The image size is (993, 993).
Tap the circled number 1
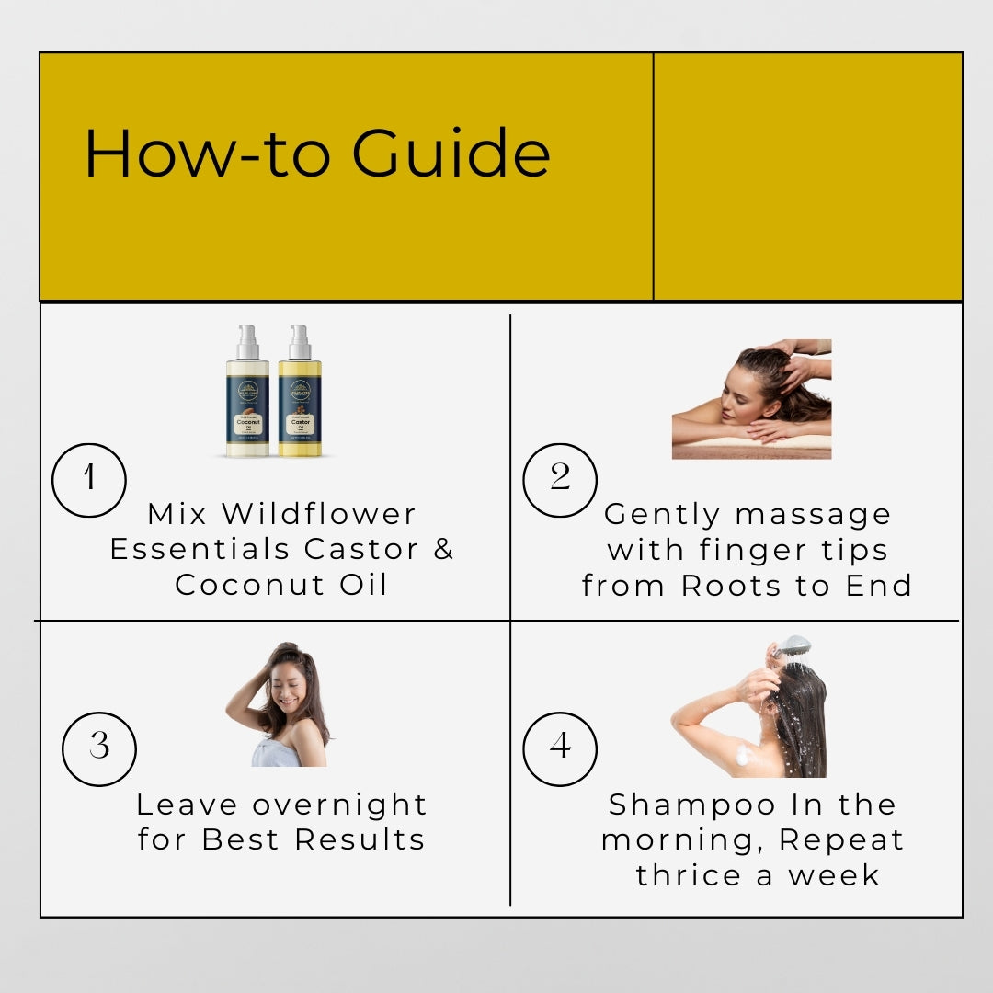89,480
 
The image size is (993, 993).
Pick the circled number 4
560,748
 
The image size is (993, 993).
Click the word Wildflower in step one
319,514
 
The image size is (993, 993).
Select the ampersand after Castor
444,549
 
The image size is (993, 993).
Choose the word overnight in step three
340,805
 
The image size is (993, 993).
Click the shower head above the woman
793,646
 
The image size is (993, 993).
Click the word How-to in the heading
209,154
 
